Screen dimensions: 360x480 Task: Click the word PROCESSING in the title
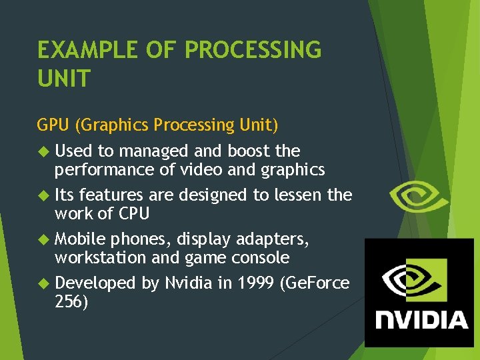(x=253, y=50)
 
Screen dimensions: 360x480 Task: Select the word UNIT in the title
(x=63, y=79)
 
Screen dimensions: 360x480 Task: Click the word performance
(x=106, y=170)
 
